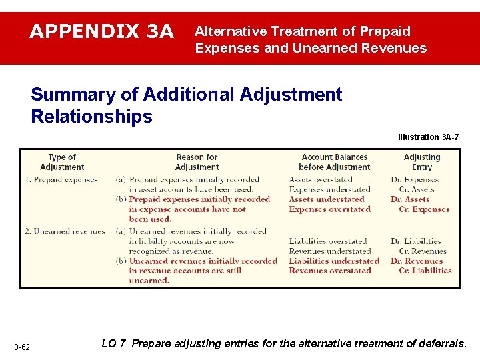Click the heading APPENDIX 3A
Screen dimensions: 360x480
[x=102, y=31]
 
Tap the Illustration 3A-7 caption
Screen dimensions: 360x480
[x=429, y=137]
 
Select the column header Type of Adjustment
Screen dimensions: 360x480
[x=62, y=162]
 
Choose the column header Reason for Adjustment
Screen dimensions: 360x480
[x=197, y=162]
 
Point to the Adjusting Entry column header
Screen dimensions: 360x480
[x=422, y=162]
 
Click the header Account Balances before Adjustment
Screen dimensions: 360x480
[x=334, y=162]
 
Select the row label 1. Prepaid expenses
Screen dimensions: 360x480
[x=61, y=179]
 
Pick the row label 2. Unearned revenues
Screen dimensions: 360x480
[x=65, y=231]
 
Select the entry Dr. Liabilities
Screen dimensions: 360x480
[x=416, y=241]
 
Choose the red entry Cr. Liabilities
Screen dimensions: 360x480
[x=425, y=271]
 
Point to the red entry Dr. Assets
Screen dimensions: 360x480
[x=410, y=199]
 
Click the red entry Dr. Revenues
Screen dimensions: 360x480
[x=417, y=261]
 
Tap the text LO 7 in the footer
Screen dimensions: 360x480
[x=113, y=344]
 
